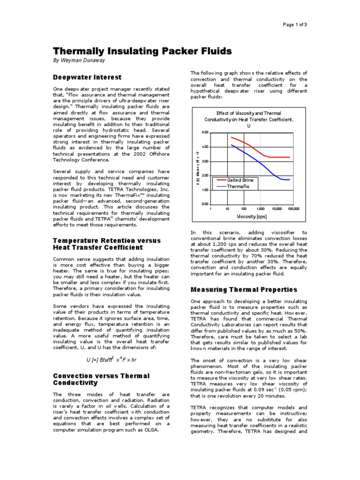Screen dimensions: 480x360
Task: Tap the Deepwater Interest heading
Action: tap(87, 77)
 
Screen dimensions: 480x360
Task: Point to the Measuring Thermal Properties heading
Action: tap(244, 289)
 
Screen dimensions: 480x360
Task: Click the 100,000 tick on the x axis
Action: tap(293, 209)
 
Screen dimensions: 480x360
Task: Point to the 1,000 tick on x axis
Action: tap(260, 209)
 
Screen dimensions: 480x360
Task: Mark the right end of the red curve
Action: tap(290, 157)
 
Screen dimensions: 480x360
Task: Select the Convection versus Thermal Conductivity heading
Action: tap(101, 379)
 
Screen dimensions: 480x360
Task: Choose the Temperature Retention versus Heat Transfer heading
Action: tap(106, 244)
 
